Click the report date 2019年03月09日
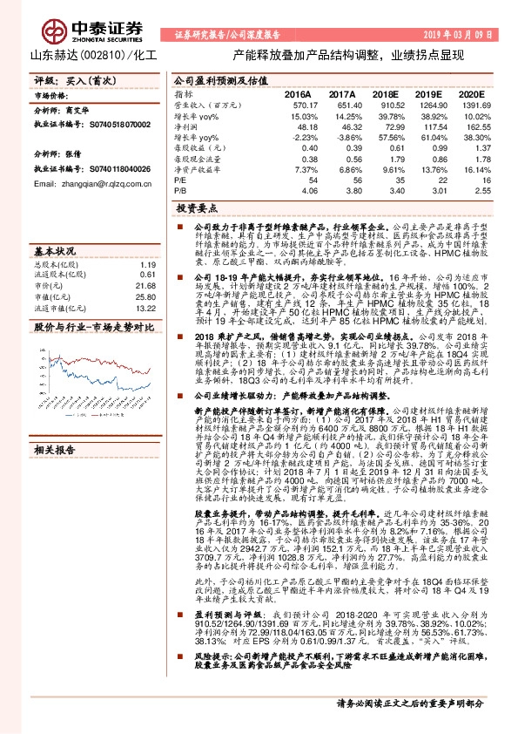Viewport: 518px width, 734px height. [x=461, y=35]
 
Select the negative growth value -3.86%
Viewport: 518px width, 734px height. [x=341, y=138]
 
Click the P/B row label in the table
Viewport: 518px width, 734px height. [x=180, y=193]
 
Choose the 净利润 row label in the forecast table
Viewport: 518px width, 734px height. [x=185, y=126]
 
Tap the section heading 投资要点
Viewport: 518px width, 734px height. [x=195, y=209]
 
